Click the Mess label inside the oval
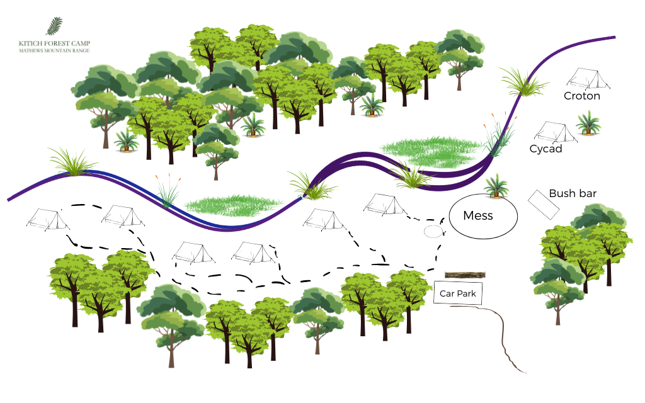pos(477,216)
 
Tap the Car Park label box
pos(457,293)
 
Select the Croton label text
pos(581,96)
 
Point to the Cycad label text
pos(545,149)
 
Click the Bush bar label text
pos(573,193)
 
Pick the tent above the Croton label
pos(588,78)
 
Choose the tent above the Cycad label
pos(555,131)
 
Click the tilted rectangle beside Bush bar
pos(544,203)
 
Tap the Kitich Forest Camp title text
pos(54,43)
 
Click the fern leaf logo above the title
pos(54,26)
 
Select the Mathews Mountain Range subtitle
pos(54,50)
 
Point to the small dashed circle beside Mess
pos(433,231)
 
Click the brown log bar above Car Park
pos(465,275)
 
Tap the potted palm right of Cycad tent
pos(588,123)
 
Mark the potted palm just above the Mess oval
pos(496,188)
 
